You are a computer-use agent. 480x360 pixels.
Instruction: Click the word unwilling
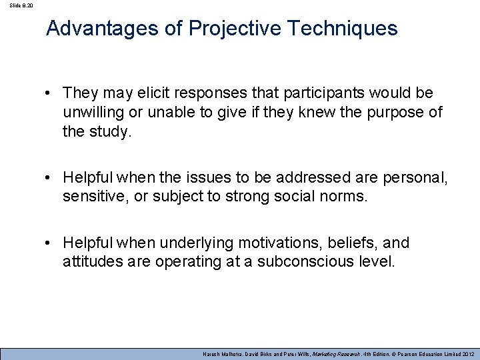pos(93,113)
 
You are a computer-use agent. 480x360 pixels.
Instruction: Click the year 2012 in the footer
pos(464,353)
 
